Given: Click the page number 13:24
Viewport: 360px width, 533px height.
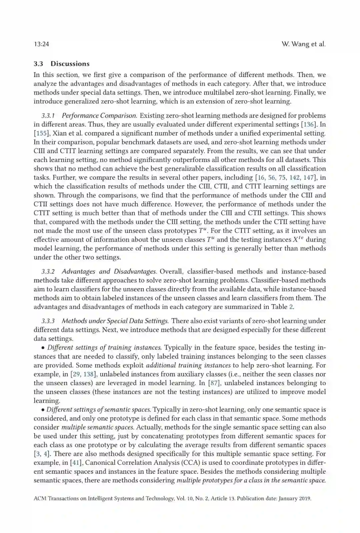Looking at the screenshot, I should pyautogui.click(x=41, y=44).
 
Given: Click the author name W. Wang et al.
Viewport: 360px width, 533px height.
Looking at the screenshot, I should pyautogui.click(x=303, y=44).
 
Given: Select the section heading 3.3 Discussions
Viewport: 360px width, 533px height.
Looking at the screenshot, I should pyautogui.click(x=62, y=64).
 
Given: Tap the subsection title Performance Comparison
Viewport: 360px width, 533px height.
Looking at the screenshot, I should pyautogui.click(x=99, y=116).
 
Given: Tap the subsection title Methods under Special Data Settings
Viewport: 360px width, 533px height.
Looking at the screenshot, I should pyautogui.click(x=115, y=321).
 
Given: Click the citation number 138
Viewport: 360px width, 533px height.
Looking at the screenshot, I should pyautogui.click(x=88, y=374).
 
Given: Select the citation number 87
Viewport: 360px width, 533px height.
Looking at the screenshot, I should pyautogui.click(x=214, y=383).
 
